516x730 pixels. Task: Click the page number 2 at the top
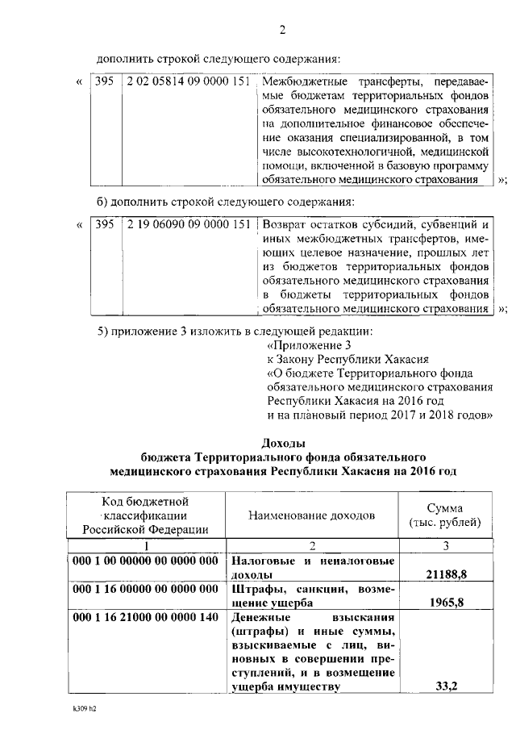[x=282, y=31]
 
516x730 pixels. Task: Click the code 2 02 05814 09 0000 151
[x=189, y=83]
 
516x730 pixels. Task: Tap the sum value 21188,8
[x=441, y=574]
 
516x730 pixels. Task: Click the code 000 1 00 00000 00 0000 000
[x=145, y=561]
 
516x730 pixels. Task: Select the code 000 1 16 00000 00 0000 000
[x=145, y=589]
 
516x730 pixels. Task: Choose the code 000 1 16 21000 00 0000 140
[x=145, y=617]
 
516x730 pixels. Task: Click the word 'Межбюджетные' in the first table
[x=302, y=83]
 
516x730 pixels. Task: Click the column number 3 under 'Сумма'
[x=442, y=545]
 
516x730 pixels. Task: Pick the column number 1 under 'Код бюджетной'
[x=145, y=545]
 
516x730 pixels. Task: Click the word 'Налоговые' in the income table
[x=264, y=561]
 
